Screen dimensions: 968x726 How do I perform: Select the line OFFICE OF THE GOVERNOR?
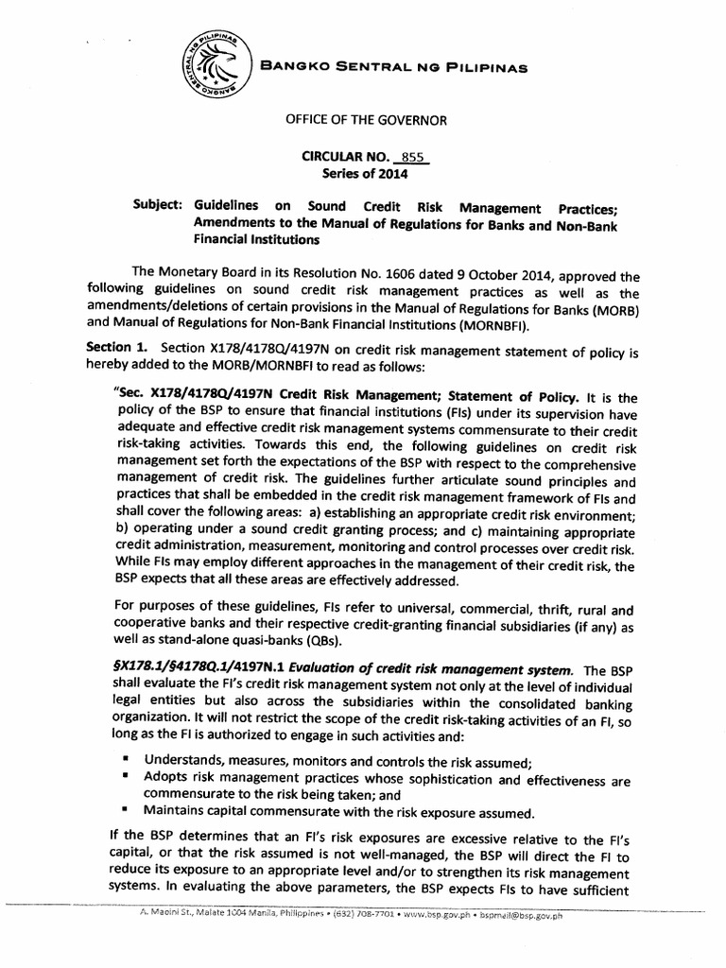(362, 120)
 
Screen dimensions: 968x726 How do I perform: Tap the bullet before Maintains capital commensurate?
(126, 810)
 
